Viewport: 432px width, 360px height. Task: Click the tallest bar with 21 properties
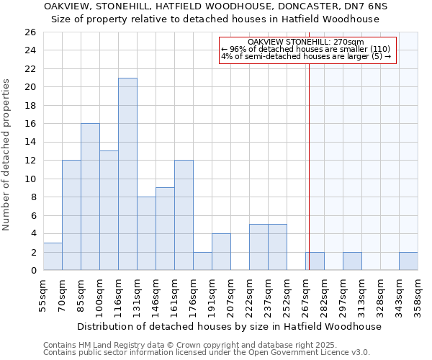(x=127, y=174)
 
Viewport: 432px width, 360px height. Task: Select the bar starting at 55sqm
(x=53, y=256)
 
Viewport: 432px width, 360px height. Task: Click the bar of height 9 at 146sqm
(x=165, y=229)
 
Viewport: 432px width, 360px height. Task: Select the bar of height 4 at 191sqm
(x=221, y=252)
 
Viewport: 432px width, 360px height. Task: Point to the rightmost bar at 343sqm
(x=408, y=261)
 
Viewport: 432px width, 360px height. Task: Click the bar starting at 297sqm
(x=352, y=261)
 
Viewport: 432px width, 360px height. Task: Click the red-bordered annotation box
(x=307, y=50)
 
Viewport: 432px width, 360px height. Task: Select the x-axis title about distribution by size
(x=229, y=326)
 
